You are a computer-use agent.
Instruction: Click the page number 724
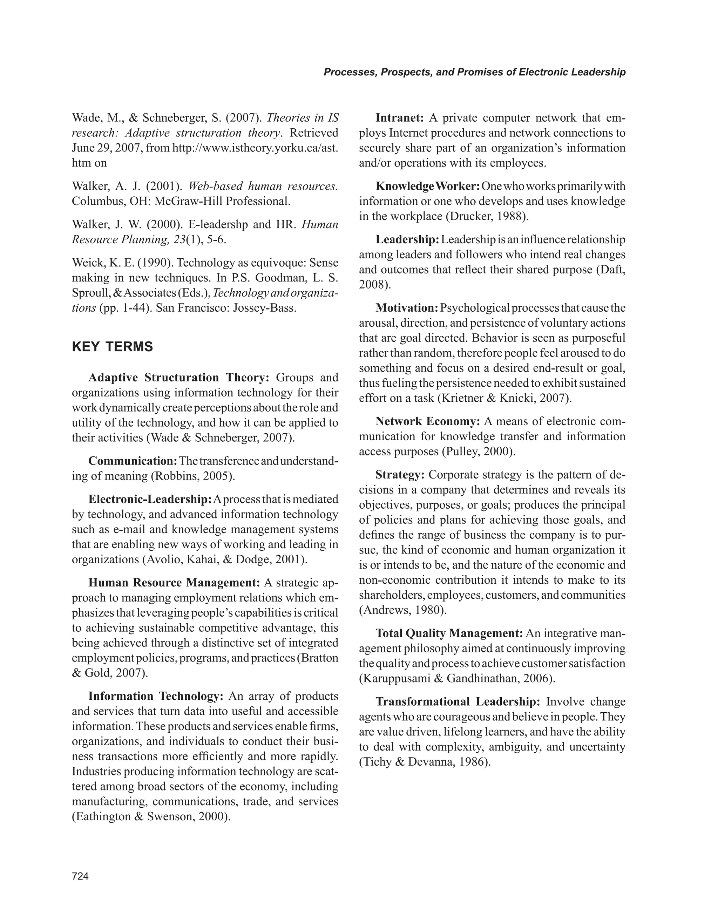tap(80, 876)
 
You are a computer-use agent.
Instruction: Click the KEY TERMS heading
tap(113, 347)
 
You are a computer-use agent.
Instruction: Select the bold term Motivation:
tap(407, 308)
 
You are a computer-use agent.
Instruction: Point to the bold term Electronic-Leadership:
tap(150, 499)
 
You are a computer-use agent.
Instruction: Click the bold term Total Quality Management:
tap(449, 633)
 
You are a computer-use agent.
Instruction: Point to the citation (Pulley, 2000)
tap(479, 452)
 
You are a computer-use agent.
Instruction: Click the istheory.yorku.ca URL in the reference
tap(255, 148)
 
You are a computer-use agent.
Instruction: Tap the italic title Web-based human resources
tap(263, 186)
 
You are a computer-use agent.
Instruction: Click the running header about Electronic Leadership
tap(474, 72)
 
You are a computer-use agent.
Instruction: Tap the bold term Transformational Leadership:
tap(458, 701)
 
